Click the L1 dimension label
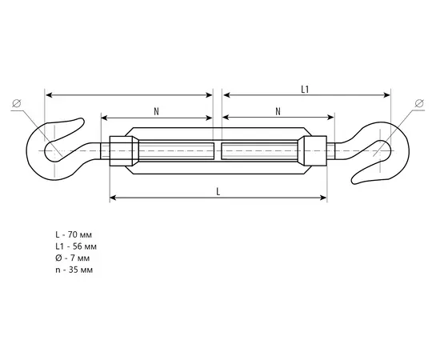point(305,90)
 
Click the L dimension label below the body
point(218,192)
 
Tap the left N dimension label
point(156,112)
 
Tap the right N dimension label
point(278,112)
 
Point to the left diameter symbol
point(17,103)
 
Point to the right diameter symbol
point(419,103)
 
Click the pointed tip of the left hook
point(82,120)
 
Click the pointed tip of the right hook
point(354,182)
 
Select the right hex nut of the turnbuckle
point(312,151)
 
